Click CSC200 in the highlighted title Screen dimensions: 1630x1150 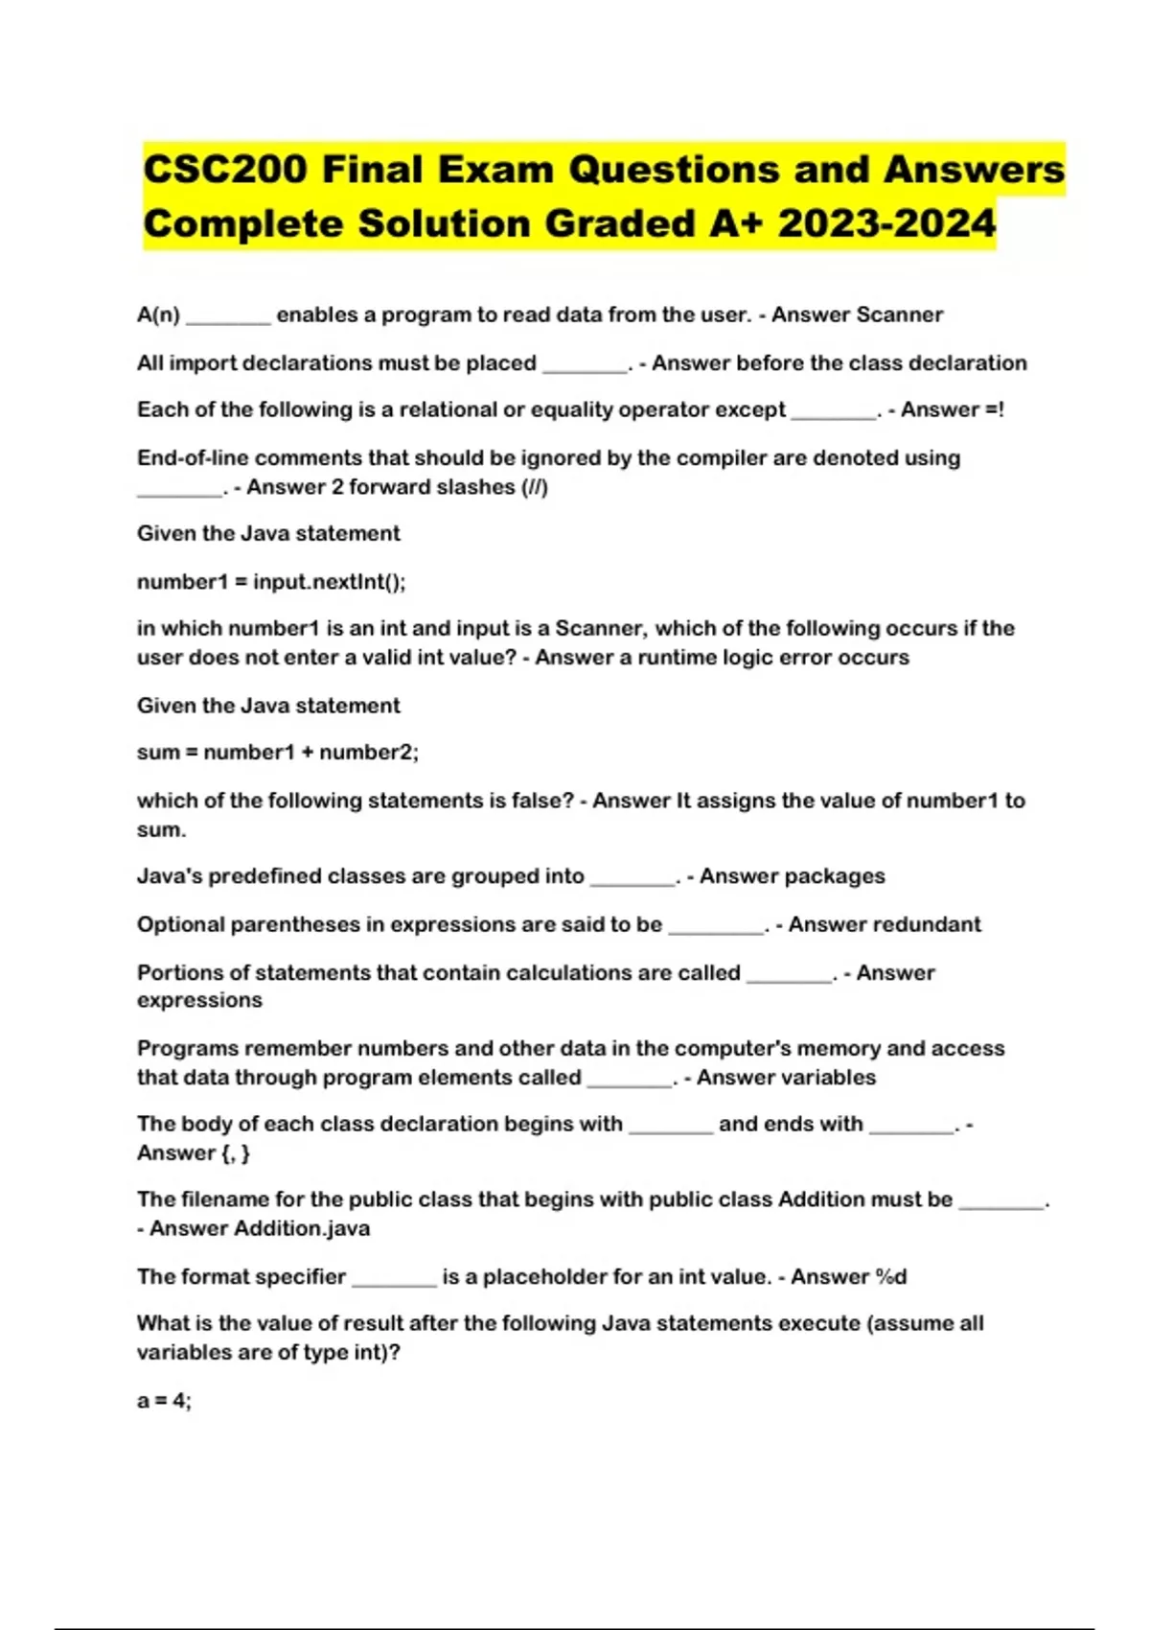pos(225,170)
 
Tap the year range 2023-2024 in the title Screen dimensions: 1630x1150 pos(886,224)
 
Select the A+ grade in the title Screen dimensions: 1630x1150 pos(737,224)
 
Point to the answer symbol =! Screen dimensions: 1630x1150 pos(994,409)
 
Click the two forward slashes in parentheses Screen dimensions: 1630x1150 pos(535,487)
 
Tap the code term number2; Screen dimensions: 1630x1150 pos(369,753)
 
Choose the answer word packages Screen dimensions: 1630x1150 pos(839,876)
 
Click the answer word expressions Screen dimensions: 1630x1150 pos(199,1000)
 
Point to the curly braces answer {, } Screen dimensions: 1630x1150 pos(235,1153)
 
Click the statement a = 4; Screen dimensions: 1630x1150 pos(164,1401)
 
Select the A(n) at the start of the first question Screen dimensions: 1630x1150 pos(158,314)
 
